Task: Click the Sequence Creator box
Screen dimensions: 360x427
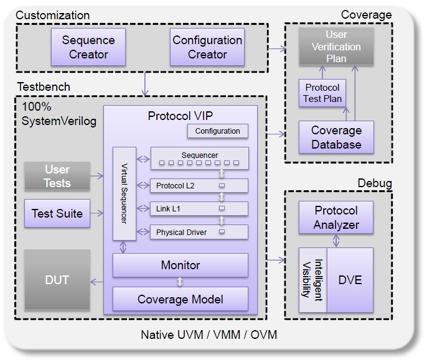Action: click(x=88, y=47)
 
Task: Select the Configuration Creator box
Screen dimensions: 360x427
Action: click(x=207, y=47)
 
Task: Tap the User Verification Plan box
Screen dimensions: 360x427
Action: click(x=336, y=47)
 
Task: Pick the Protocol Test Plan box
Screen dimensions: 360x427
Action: click(x=322, y=93)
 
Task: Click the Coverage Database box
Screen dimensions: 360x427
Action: click(x=336, y=137)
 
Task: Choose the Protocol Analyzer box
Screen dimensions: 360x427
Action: click(x=336, y=217)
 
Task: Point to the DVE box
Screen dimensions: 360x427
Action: click(x=350, y=280)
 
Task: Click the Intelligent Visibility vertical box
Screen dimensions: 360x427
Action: click(x=313, y=280)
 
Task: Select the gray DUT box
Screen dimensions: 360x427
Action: click(x=57, y=280)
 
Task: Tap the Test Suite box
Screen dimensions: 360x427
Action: click(x=57, y=213)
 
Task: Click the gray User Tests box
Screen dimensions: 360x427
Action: click(x=57, y=177)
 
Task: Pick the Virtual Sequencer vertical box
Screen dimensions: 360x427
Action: click(x=123, y=193)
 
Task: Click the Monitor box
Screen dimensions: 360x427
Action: click(x=180, y=265)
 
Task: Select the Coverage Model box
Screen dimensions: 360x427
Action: click(x=180, y=299)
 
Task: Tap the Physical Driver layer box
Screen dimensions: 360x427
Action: click(x=199, y=233)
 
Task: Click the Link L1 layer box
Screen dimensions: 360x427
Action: click(x=199, y=209)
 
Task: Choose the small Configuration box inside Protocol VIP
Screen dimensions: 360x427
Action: click(x=217, y=131)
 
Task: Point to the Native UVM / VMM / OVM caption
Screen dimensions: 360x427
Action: click(x=209, y=335)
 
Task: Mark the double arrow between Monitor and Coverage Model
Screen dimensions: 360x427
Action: click(x=180, y=282)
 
